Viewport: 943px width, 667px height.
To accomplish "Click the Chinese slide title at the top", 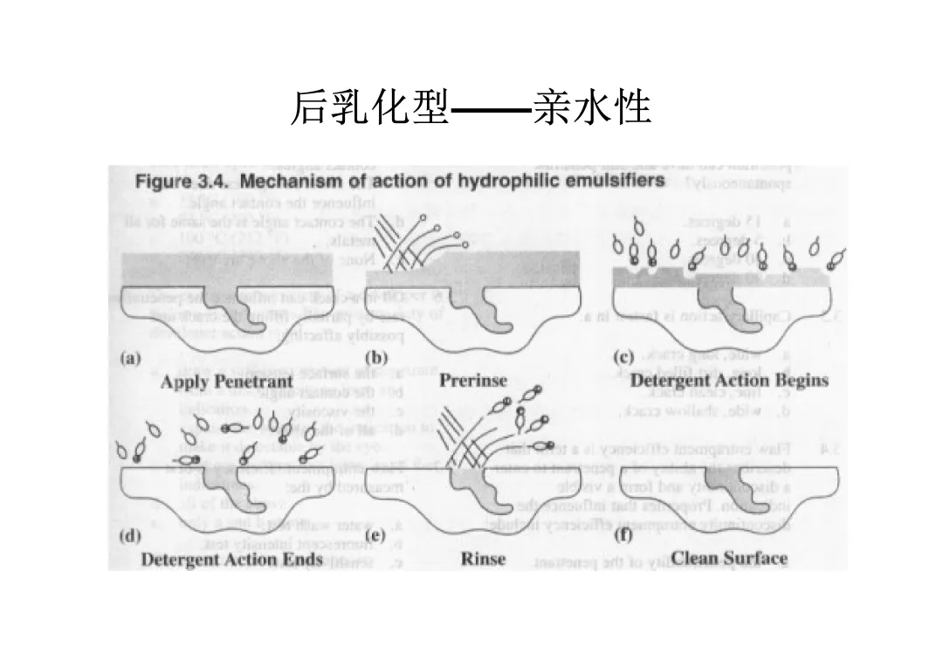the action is pyautogui.click(x=471, y=108).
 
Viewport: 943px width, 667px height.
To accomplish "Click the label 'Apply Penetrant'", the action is pyautogui.click(x=226, y=382).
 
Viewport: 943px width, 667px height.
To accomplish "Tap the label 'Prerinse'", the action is pyautogui.click(x=472, y=382).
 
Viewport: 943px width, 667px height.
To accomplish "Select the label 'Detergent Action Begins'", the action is pyautogui.click(x=729, y=381).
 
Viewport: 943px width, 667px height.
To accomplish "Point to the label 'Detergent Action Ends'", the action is pyautogui.click(x=231, y=560).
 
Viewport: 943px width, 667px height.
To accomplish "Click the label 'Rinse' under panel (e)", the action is pyautogui.click(x=483, y=560).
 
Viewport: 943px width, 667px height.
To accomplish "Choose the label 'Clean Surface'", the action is pyautogui.click(x=729, y=559).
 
